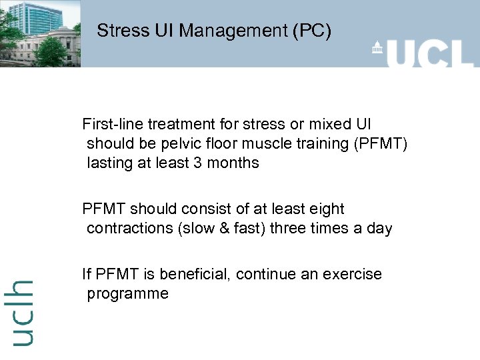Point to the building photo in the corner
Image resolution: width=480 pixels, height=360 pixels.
tap(40, 33)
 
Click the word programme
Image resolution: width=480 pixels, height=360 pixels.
tap(127, 293)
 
